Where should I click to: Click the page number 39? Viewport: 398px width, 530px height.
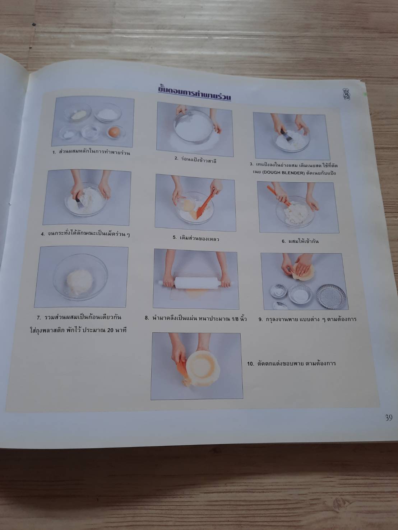tap(389, 417)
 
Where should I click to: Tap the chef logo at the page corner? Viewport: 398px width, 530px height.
tap(346, 94)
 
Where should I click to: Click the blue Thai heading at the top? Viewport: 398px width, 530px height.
tap(194, 93)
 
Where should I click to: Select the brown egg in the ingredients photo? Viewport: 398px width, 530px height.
tap(115, 132)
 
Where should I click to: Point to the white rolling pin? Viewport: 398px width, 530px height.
tap(196, 283)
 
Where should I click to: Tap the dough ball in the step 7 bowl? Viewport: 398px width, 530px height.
tap(80, 282)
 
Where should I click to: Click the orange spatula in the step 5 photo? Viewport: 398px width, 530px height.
tap(204, 205)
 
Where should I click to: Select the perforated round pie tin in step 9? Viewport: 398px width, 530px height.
tap(331, 297)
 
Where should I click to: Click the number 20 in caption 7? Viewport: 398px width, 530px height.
tap(110, 330)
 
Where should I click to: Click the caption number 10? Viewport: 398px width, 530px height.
tap(250, 364)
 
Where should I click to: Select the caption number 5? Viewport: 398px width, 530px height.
tap(175, 237)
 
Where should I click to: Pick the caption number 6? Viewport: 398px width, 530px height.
tap(284, 241)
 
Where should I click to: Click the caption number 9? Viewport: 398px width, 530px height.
tap(260, 319)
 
